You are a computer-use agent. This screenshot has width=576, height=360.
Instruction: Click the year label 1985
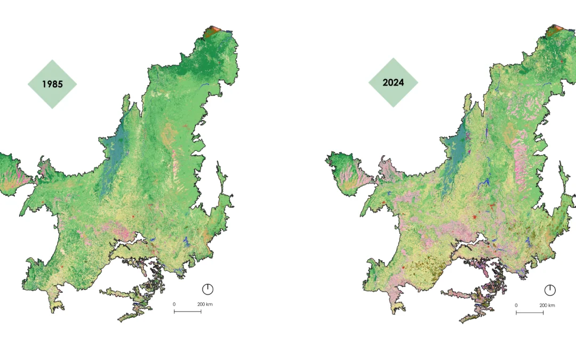pos(52,84)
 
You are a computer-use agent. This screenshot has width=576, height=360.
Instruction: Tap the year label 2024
pos(393,83)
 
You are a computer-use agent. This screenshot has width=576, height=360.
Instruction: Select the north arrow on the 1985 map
pos(207,289)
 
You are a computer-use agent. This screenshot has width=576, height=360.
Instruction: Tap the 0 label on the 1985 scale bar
pos(174,305)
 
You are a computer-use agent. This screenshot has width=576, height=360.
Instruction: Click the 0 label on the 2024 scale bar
pos(516,305)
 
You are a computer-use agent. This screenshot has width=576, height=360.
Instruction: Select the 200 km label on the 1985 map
pos(205,305)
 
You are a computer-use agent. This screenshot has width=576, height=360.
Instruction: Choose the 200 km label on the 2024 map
pos(547,305)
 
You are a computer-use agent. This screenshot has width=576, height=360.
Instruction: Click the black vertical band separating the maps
pos(285,180)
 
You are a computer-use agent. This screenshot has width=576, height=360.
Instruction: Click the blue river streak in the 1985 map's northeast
pos(205,85)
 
